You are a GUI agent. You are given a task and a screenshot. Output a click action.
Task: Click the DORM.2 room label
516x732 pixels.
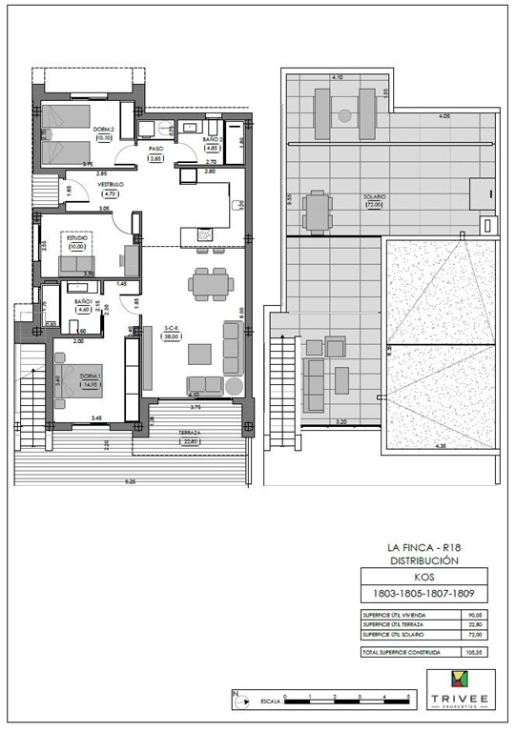pos(105,130)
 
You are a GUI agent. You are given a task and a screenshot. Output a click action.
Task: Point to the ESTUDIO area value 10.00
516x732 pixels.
pos(75,247)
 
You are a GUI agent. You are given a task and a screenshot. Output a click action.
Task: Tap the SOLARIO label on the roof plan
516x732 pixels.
pos(374,197)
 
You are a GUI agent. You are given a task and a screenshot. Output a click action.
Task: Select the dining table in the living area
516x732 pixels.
pos(209,283)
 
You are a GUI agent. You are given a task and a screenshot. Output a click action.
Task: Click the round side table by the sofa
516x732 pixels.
pos(235,385)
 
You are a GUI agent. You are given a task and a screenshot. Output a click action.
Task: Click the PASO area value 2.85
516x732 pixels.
pos(156,158)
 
